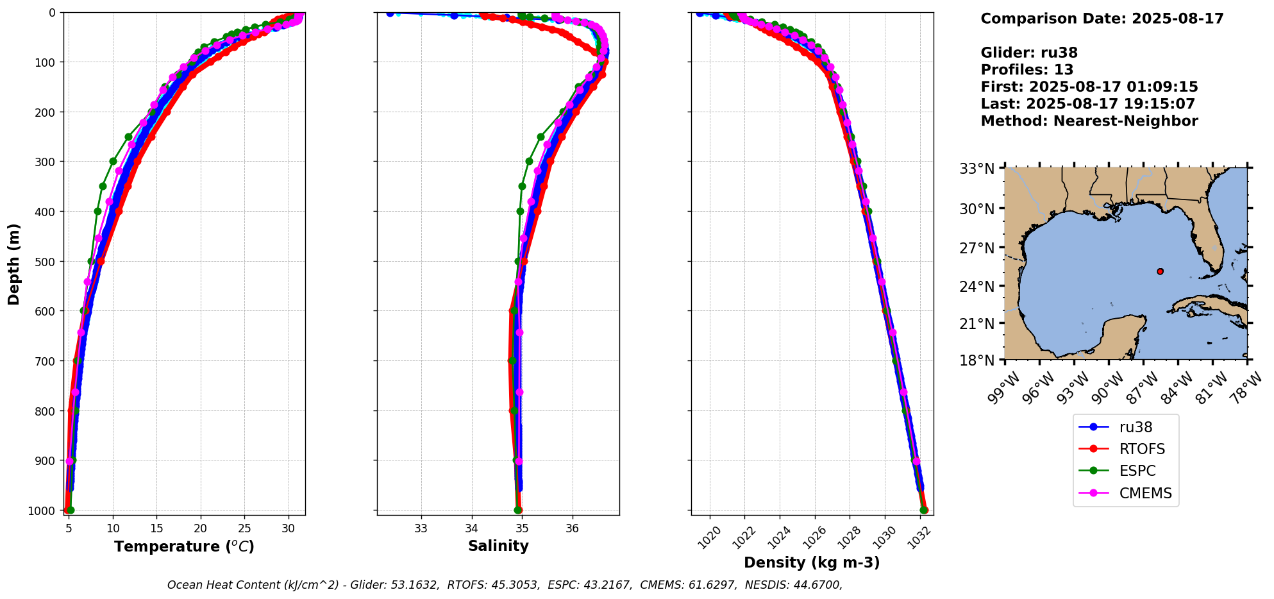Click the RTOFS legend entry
click(1142, 449)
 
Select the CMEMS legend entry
click(1145, 493)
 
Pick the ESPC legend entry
click(1137, 471)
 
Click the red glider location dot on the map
click(1160, 271)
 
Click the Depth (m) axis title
click(14, 264)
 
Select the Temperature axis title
click(184, 546)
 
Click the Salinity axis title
click(498, 546)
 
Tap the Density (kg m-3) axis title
click(812, 562)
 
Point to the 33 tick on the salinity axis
click(421, 528)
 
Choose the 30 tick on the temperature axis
click(289, 528)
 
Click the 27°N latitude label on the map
click(976, 248)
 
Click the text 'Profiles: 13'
click(1027, 70)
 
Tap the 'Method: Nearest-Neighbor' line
click(1089, 121)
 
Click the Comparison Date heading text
click(1102, 19)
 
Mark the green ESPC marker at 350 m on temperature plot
click(103, 186)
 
